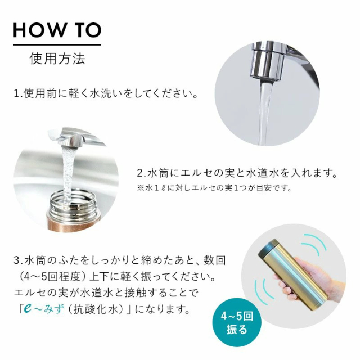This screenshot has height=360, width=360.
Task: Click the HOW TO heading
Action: coord(57,30)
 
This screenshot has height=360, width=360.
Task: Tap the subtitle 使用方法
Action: coord(57,58)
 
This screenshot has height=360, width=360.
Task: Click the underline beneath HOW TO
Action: coord(57,44)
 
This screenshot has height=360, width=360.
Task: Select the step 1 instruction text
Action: coord(106,93)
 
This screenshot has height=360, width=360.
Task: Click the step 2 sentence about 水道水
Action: coord(237,173)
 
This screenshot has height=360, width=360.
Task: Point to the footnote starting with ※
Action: coord(214,188)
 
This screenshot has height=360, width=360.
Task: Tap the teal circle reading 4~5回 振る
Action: coord(237,323)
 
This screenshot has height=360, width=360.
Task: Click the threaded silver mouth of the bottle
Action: coord(73,204)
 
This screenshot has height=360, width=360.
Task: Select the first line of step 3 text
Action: coord(120,261)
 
